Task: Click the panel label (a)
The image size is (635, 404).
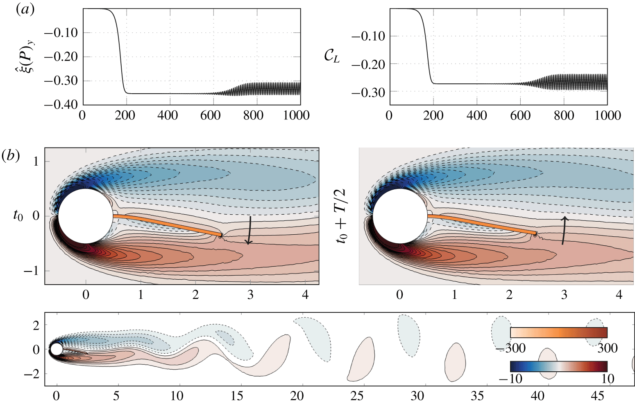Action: [25, 9]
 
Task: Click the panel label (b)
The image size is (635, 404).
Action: [11, 156]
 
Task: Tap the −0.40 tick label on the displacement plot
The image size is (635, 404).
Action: [60, 104]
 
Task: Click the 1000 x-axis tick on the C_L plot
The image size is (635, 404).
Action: [607, 116]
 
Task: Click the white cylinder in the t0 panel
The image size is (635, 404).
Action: [85, 216]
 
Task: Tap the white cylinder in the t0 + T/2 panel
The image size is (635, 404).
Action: [399, 216]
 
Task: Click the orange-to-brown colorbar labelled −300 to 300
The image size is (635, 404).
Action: [558, 332]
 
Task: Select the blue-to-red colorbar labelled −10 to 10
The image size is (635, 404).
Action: [558, 366]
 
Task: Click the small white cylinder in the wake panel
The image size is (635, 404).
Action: [56, 349]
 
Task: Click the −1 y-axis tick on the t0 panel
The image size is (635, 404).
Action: [36, 271]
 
